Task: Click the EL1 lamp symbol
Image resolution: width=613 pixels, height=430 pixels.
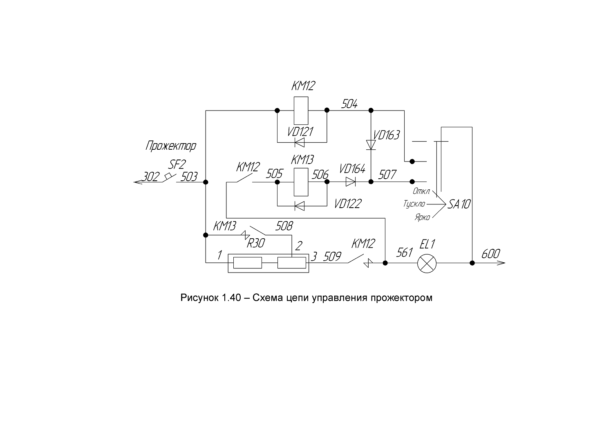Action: pos(427,264)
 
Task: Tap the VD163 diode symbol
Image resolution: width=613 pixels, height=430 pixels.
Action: pos(371,145)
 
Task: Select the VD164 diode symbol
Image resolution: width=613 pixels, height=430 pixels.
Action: pos(351,182)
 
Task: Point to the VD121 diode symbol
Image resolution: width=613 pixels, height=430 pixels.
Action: pos(300,142)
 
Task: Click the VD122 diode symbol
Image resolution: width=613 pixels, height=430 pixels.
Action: pos(300,206)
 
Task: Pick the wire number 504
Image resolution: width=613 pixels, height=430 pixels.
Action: pos(349,104)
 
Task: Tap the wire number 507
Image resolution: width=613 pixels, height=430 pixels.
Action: pos(387,175)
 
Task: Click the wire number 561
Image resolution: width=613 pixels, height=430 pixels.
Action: pos(404,253)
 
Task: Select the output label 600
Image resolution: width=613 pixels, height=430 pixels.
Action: pos(491,254)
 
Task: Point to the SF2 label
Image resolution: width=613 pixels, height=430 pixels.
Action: pos(177,164)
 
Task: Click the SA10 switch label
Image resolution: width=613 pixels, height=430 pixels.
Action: pos(459,204)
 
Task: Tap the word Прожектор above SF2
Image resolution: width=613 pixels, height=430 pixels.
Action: pos(171,146)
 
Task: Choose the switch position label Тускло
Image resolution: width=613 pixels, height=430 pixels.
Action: pos(414,204)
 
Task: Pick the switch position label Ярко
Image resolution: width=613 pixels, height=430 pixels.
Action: pos(422,217)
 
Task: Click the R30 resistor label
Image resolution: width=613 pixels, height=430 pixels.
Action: pos(255,243)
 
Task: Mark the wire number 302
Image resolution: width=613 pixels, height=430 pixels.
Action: pos(150,177)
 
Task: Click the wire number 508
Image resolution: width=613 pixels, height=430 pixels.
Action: pos(284,226)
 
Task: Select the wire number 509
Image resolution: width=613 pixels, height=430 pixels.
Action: pos(332,257)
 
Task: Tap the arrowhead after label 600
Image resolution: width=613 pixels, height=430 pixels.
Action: pos(501,263)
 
